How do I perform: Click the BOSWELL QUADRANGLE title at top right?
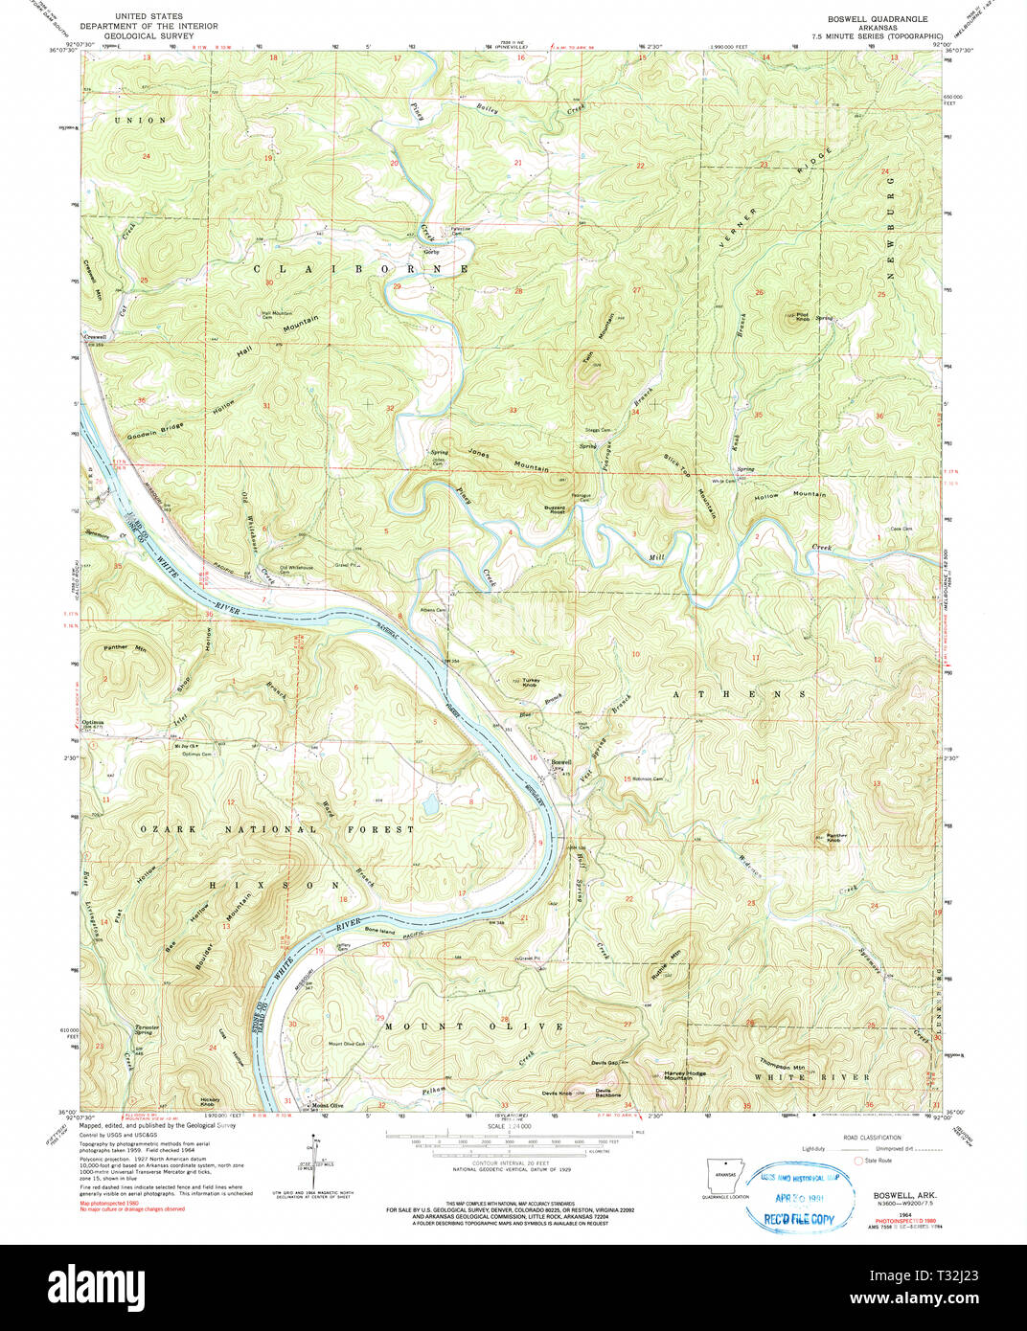pos(878,19)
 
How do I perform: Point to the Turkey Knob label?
pos(530,683)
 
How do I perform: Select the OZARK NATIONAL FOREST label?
pos(278,829)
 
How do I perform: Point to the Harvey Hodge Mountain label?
pos(684,1075)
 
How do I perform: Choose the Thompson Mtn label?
pos(783,1066)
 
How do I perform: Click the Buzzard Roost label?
pos(557,509)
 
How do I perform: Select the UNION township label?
pos(140,121)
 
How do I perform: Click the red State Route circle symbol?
pos(858,1161)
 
